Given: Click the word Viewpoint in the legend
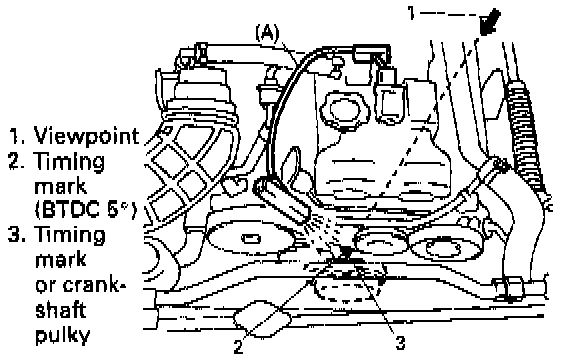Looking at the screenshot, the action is click(87, 136).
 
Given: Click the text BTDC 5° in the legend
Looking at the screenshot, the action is click(86, 210).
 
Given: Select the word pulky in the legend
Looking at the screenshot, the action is click(62, 334).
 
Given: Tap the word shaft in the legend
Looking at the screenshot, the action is click(61, 309).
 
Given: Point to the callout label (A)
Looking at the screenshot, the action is click(267, 33).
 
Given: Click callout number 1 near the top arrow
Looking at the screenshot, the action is click(411, 13).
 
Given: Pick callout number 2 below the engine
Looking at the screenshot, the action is click(238, 347).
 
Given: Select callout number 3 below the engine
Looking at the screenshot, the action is click(400, 343).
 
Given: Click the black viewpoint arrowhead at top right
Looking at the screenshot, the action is click(490, 23).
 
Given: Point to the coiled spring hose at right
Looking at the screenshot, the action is click(525, 140).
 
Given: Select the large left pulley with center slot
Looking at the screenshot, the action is click(251, 239).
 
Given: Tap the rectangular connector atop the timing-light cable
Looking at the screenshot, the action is click(371, 53).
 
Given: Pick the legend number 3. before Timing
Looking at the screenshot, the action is click(17, 235).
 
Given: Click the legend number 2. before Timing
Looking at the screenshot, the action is click(17, 161).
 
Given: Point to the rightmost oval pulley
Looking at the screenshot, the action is click(445, 247).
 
